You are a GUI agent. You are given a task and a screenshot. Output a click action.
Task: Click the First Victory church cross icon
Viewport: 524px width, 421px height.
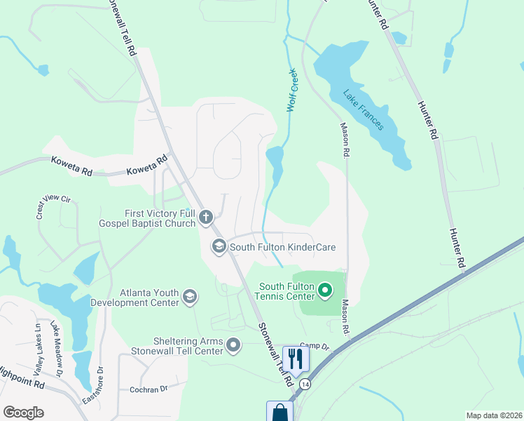206,217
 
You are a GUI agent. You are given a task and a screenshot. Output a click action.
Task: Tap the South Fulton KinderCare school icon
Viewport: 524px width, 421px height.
219,246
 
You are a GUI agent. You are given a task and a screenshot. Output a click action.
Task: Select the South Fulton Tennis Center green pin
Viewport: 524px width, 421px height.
324,289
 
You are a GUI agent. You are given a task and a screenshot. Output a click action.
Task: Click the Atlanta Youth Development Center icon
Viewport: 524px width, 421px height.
189,298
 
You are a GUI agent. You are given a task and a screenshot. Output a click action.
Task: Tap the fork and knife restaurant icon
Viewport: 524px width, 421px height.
296,359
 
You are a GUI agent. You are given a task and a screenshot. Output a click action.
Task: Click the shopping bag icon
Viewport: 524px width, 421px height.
280,413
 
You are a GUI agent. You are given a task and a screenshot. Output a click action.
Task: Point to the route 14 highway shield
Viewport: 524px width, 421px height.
305,385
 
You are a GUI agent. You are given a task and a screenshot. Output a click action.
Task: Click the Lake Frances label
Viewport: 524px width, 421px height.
364,109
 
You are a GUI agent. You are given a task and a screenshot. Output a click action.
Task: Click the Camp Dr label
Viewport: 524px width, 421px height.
315,346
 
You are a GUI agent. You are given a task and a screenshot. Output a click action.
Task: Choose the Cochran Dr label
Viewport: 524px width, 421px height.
149,389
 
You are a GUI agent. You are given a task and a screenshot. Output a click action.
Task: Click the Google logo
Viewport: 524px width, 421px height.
23,413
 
